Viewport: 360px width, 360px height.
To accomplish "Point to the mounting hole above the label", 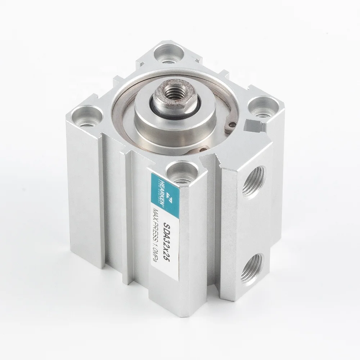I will tap(181, 172).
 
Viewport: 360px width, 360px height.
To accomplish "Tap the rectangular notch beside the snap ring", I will tap(253, 126).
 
